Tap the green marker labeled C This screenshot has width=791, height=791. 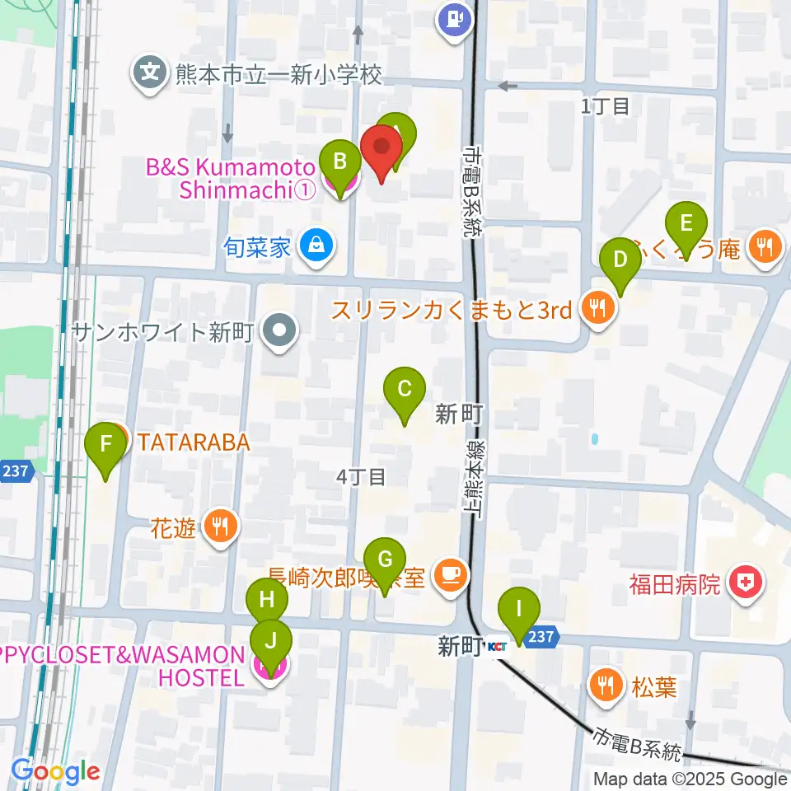(405, 388)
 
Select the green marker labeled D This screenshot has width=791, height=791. (620, 260)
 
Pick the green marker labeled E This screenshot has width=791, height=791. (686, 223)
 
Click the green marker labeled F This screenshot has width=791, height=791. (106, 444)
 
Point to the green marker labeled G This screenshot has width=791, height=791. (385, 559)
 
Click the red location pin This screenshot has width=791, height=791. (382, 146)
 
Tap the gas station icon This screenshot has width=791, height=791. (454, 19)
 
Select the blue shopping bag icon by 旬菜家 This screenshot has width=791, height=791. (314, 245)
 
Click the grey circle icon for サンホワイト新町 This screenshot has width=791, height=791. (278, 332)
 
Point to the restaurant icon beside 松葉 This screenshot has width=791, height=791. (606, 686)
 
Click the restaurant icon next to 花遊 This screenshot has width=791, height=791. (220, 526)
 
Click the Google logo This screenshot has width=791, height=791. (56, 771)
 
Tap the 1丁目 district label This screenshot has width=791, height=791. (606, 105)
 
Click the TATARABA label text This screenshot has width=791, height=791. (193, 442)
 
